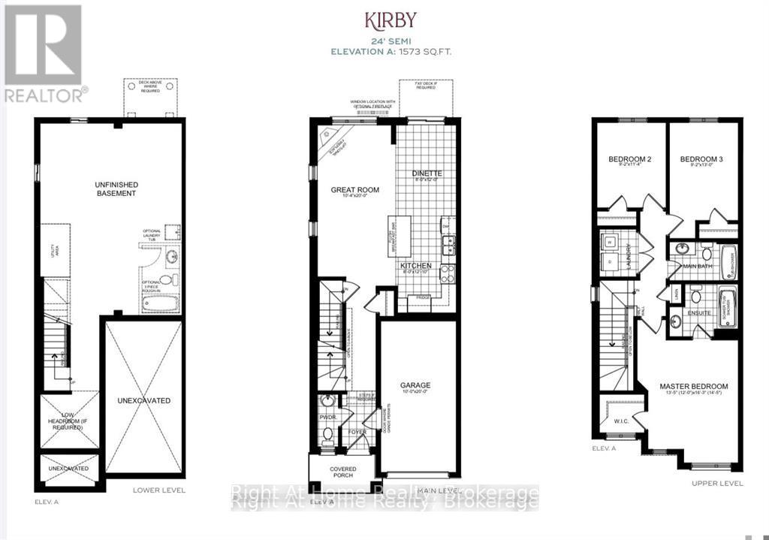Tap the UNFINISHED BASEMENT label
(115, 189)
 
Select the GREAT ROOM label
(355, 190)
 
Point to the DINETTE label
(427, 173)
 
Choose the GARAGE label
(415, 385)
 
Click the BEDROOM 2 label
(629, 159)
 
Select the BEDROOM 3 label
(701, 159)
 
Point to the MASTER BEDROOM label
(694, 387)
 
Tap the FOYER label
(356, 432)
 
